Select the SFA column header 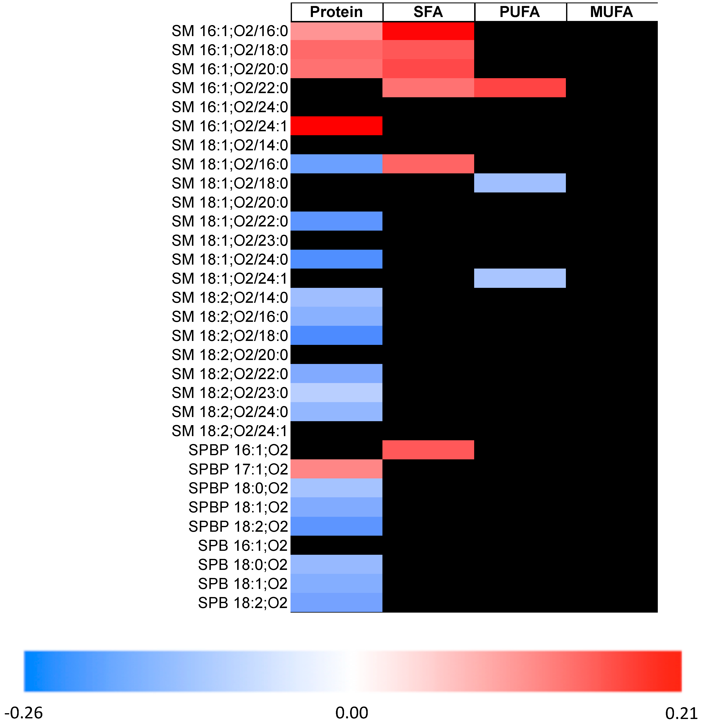click(x=428, y=12)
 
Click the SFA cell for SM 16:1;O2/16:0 click(x=428, y=31)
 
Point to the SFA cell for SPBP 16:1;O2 click(x=428, y=450)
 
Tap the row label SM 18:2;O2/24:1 click(x=230, y=431)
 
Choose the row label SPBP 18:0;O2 click(x=238, y=488)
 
